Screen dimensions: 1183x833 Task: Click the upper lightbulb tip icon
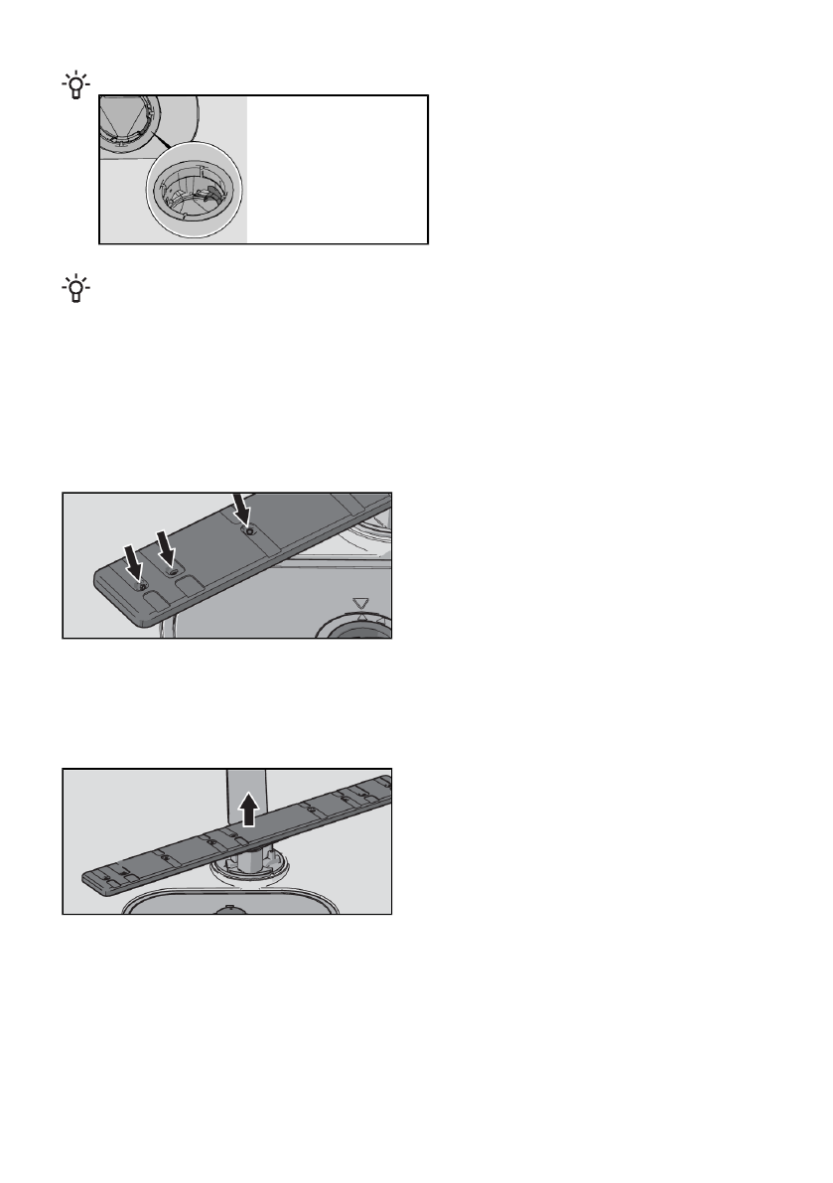point(74,86)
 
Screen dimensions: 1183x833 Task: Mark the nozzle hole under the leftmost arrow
point(144,588)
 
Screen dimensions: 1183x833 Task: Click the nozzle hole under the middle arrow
point(175,573)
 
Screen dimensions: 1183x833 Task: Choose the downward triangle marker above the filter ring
point(360,603)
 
